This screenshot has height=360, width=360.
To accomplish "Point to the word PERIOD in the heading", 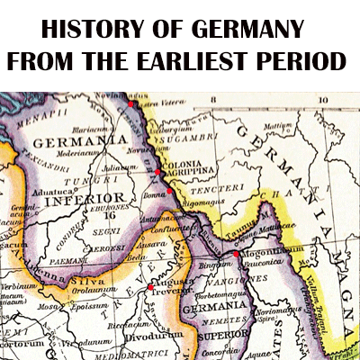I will (303, 62).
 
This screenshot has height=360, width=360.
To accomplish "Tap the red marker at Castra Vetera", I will (132, 104).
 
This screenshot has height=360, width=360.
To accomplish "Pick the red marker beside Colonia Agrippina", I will (157, 171).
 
